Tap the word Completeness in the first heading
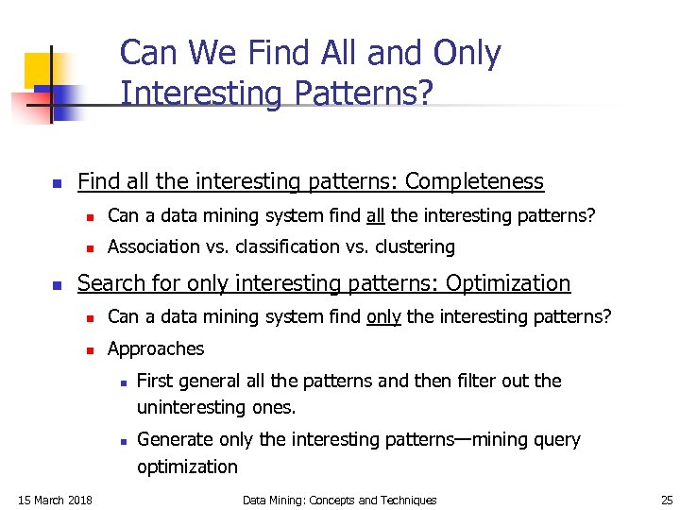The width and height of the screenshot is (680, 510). [x=474, y=181]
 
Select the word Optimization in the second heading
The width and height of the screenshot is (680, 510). [x=508, y=283]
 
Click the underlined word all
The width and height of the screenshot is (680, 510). [x=375, y=215]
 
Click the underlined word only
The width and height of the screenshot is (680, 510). [x=383, y=316]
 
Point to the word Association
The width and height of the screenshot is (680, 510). [x=154, y=246]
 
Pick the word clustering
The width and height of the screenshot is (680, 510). [x=414, y=246]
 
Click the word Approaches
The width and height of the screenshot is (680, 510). [x=156, y=348]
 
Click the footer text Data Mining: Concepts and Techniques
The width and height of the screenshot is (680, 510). [x=339, y=500]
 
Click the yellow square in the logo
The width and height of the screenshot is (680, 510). [x=40, y=68]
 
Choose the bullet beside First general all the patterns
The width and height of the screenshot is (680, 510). [x=123, y=382]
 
